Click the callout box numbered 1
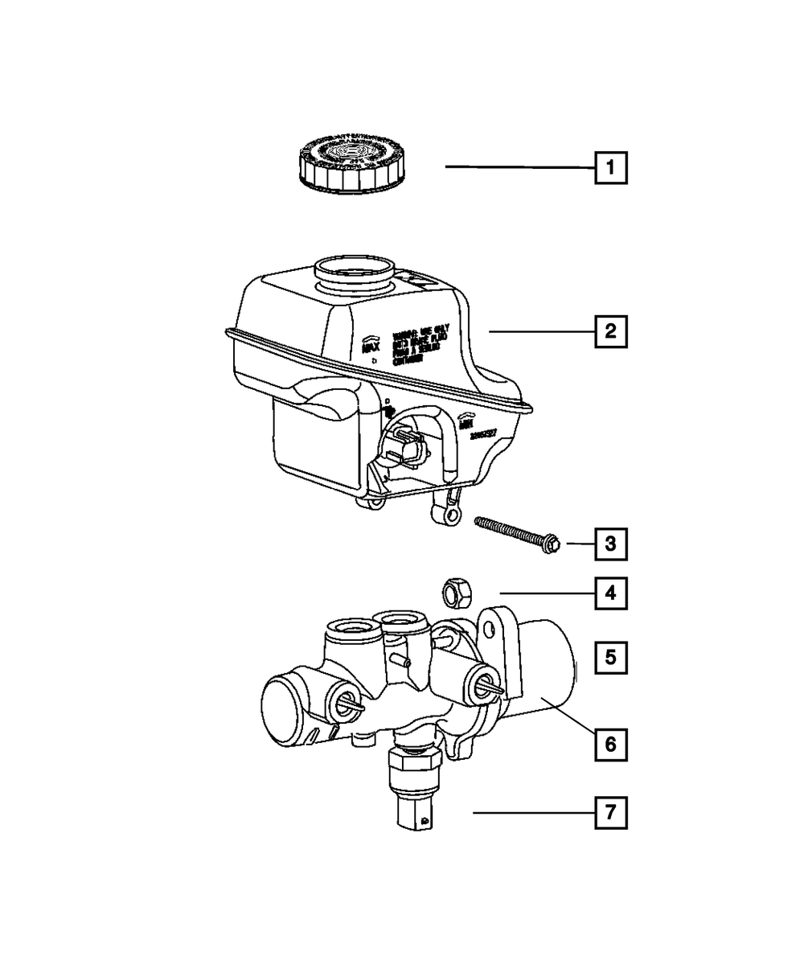pos(610,169)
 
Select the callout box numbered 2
pos(610,330)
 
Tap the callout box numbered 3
pos(610,544)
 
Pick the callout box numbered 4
pos(610,594)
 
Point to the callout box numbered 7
pos(610,813)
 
